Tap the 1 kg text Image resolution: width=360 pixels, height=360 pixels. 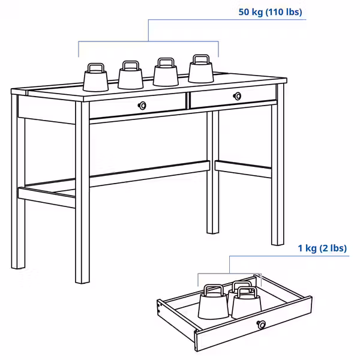(x=308, y=248)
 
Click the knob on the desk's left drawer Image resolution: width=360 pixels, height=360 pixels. (x=142, y=106)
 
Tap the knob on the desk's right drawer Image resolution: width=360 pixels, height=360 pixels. (x=238, y=96)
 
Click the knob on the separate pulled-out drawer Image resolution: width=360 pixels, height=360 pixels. (x=261, y=325)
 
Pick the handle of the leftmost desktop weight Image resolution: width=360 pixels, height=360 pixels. (x=95, y=67)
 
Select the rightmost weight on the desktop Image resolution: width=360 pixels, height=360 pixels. (x=200, y=70)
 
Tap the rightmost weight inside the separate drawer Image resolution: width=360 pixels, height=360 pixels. (x=247, y=303)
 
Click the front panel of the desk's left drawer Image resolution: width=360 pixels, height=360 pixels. (x=120, y=107)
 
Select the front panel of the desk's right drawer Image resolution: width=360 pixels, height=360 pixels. (x=252, y=97)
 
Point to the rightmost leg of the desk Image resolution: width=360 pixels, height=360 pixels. (x=277, y=174)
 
